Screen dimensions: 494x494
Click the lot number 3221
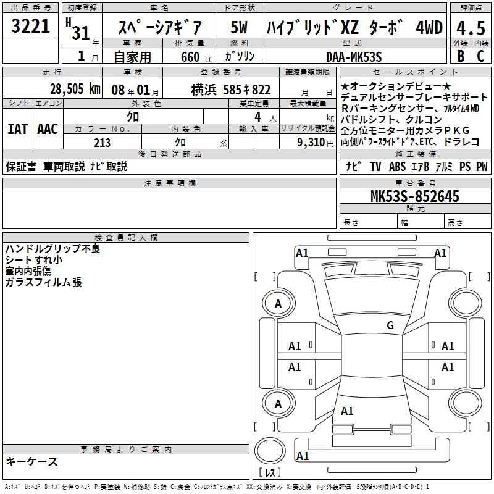pyautogui.click(x=30, y=26)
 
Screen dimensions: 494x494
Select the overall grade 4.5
pyautogui.click(x=471, y=28)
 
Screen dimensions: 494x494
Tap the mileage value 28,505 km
pyautogui.click(x=75, y=89)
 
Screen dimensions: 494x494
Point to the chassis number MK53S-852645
pyautogui.click(x=415, y=196)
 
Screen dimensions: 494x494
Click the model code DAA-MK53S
pyautogui.click(x=354, y=57)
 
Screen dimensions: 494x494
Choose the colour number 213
pyautogui.click(x=102, y=143)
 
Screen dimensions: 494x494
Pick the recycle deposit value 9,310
pyautogui.click(x=311, y=143)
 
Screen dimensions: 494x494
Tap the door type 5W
pyautogui.click(x=239, y=27)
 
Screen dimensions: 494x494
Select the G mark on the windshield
pyautogui.click(x=390, y=325)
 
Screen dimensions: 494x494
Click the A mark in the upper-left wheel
pyautogui.click(x=278, y=304)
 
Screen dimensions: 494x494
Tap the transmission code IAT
pyautogui.click(x=17, y=129)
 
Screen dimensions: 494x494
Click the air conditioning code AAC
pyautogui.click(x=48, y=129)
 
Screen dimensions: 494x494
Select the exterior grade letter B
pyautogui.click(x=461, y=56)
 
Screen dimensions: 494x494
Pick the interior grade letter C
pyautogui.click(x=480, y=56)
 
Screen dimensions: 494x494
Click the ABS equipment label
pyautogui.click(x=397, y=166)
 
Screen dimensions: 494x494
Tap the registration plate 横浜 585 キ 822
pyautogui.click(x=230, y=90)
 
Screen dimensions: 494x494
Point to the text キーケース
pyautogui.click(x=31, y=461)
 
